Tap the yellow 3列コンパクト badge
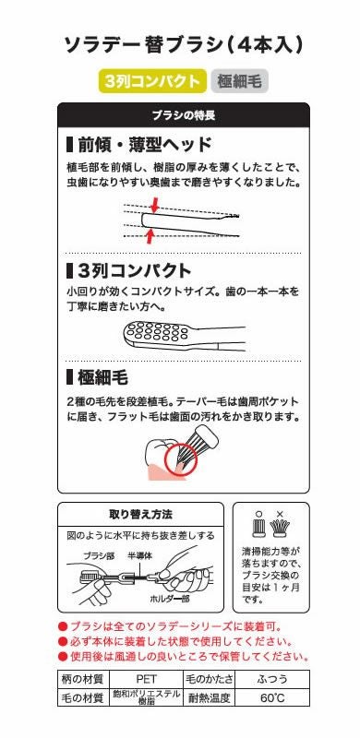coord(150,81)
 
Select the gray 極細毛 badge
coord(239,81)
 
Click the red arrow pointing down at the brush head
coord(153,202)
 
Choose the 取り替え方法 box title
coord(141,514)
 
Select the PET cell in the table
coord(147,678)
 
